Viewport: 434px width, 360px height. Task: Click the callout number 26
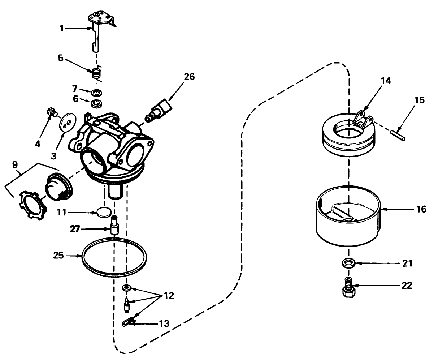tap(189, 77)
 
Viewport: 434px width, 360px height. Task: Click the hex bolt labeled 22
tap(348, 287)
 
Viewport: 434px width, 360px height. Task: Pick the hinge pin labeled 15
tap(398, 135)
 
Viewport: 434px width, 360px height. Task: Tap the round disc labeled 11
tap(104, 213)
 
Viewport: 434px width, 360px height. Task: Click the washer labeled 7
tap(97, 92)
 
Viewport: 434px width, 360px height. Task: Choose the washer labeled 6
tap(97, 103)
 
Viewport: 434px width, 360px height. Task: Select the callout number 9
tap(15, 164)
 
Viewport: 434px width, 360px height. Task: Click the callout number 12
tap(169, 296)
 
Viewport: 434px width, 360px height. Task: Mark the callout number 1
tap(61, 29)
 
